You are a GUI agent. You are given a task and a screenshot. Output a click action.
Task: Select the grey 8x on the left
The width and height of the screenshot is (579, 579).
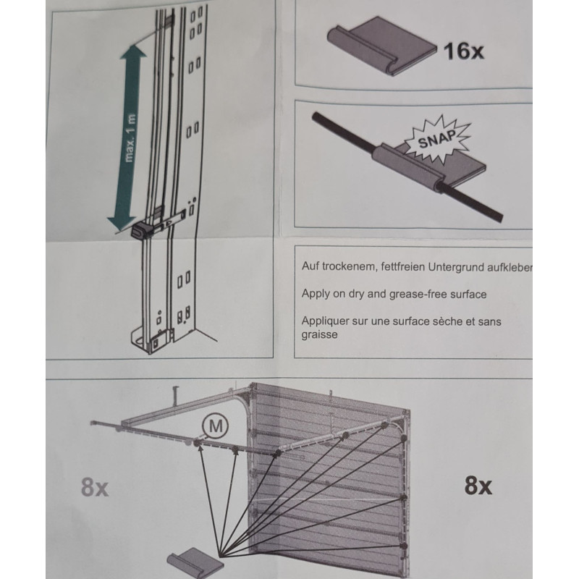[x=94, y=488]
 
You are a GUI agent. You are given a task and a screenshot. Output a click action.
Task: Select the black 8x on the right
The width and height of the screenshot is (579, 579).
[x=478, y=486]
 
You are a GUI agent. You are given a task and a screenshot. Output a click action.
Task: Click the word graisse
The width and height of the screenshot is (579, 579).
[x=319, y=335]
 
